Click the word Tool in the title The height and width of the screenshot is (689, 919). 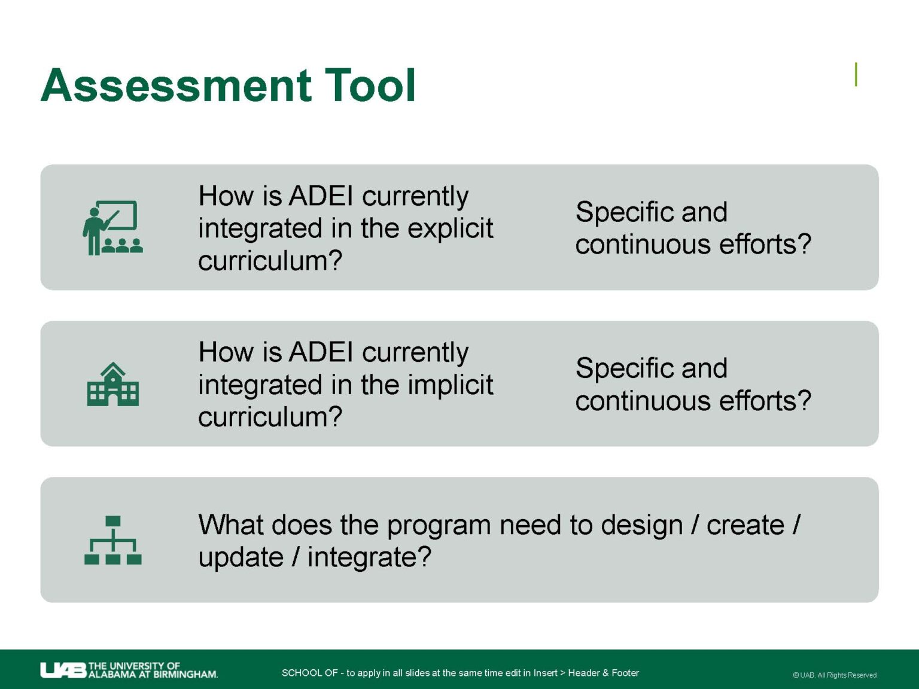tap(370, 86)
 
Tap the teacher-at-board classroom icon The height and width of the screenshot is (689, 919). tap(112, 228)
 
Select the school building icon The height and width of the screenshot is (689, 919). tap(112, 385)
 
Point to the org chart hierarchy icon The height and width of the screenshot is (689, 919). tap(112, 540)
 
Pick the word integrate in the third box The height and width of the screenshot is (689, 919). tap(369, 557)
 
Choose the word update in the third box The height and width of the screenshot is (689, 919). tap(241, 557)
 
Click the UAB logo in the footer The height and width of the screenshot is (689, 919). tap(63, 670)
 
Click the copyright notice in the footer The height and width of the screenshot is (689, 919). tap(835, 675)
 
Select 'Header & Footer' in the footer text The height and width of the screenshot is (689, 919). tap(603, 673)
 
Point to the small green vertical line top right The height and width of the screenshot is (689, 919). tap(856, 75)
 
